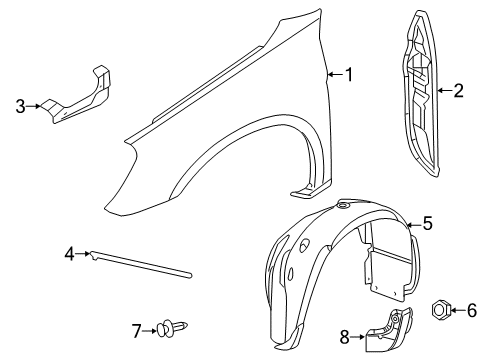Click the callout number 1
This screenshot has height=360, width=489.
[x=349, y=73]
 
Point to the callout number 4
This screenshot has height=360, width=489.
[x=70, y=256]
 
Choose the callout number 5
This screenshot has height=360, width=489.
[x=427, y=224]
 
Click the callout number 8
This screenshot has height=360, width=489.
[x=345, y=337]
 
